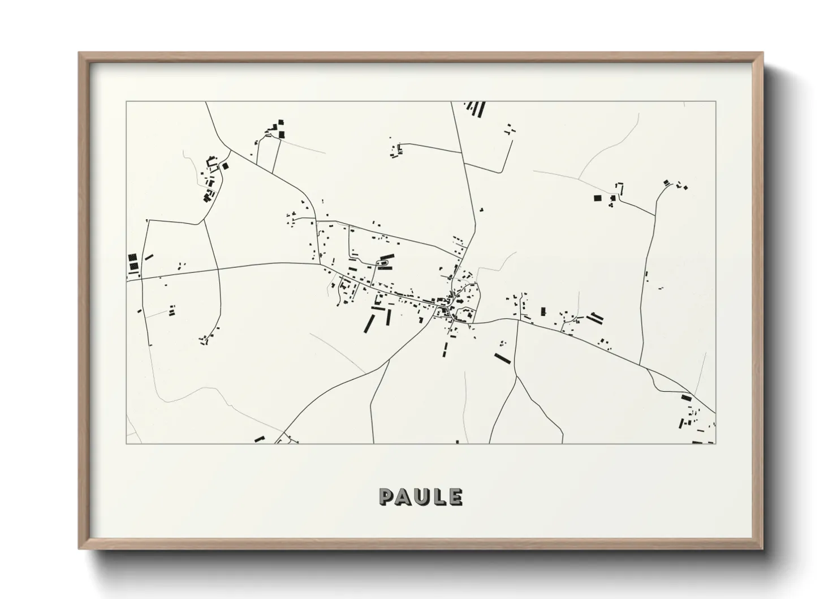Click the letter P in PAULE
click(x=387, y=497)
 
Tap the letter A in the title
click(x=405, y=497)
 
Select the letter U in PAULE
click(x=424, y=497)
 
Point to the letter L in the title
click(x=440, y=497)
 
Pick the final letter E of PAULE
click(x=455, y=497)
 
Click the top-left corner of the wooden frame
click(x=80, y=53)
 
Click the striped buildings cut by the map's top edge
click(x=476, y=109)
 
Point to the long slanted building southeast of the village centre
click(x=502, y=358)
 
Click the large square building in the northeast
click(x=598, y=198)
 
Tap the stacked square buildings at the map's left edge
click(x=133, y=263)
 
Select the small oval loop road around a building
click(x=385, y=262)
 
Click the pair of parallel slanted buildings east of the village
click(x=595, y=318)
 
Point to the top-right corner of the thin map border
click(x=716, y=102)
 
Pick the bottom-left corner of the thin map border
click(x=126, y=443)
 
